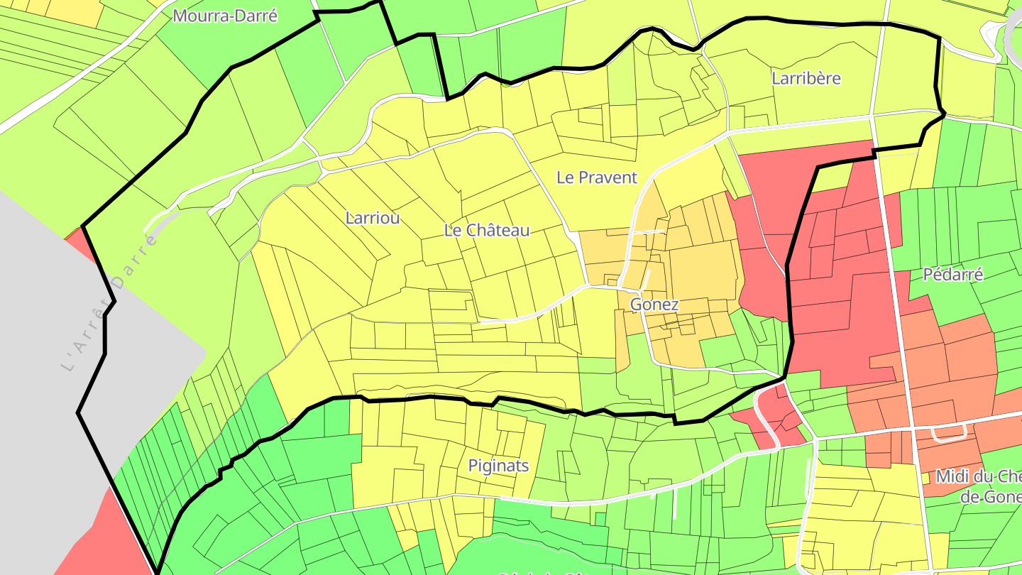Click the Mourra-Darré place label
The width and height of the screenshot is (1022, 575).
click(225, 16)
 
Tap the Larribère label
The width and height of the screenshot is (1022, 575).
click(806, 78)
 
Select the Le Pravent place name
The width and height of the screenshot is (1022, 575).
click(597, 177)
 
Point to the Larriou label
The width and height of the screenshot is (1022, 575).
click(373, 218)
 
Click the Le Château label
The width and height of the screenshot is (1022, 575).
click(487, 230)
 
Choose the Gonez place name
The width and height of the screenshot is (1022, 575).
click(654, 305)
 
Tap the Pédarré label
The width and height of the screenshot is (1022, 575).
click(953, 275)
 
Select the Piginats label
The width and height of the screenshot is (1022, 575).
click(498, 466)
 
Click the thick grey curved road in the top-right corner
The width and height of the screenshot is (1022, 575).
click(1011, 32)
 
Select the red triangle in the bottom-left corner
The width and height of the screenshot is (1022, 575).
click(114, 540)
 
